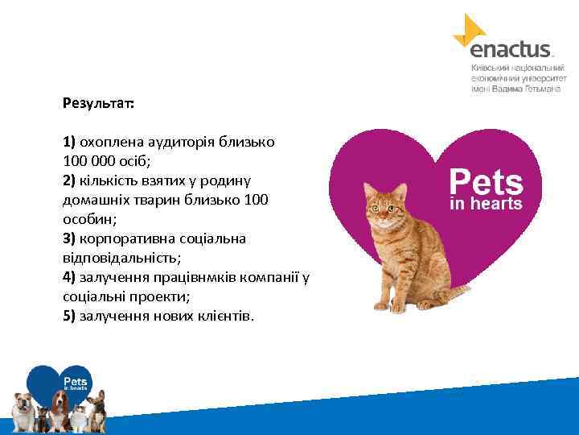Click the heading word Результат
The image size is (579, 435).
[x=98, y=104]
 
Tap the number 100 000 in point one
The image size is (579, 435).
[x=92, y=159]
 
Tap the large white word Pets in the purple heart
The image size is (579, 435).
[x=485, y=180]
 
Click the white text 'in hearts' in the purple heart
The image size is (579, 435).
[x=485, y=204]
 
